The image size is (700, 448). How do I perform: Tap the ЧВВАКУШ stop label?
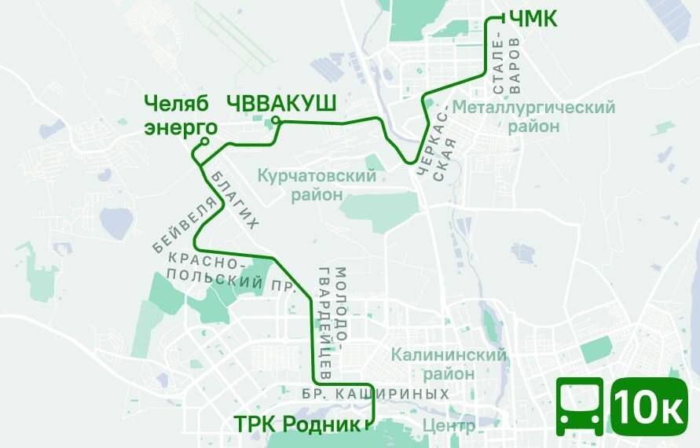pyautogui.click(x=281, y=104)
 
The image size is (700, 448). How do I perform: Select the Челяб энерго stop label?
pyautogui.click(x=180, y=116)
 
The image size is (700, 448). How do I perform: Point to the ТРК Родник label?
pyautogui.click(x=297, y=424)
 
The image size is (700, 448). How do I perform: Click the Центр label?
pyautogui.click(x=449, y=427)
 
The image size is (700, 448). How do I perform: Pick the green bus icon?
pyautogui.click(x=580, y=406)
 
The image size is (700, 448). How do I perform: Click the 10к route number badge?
pyautogui.click(x=648, y=406)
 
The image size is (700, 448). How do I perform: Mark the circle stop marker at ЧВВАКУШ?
pyautogui.click(x=276, y=120)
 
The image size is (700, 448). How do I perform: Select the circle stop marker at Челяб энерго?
pyautogui.click(x=204, y=141)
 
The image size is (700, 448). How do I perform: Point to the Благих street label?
pyautogui.click(x=234, y=200)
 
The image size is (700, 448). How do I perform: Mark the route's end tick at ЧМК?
pyautogui.click(x=494, y=17)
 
